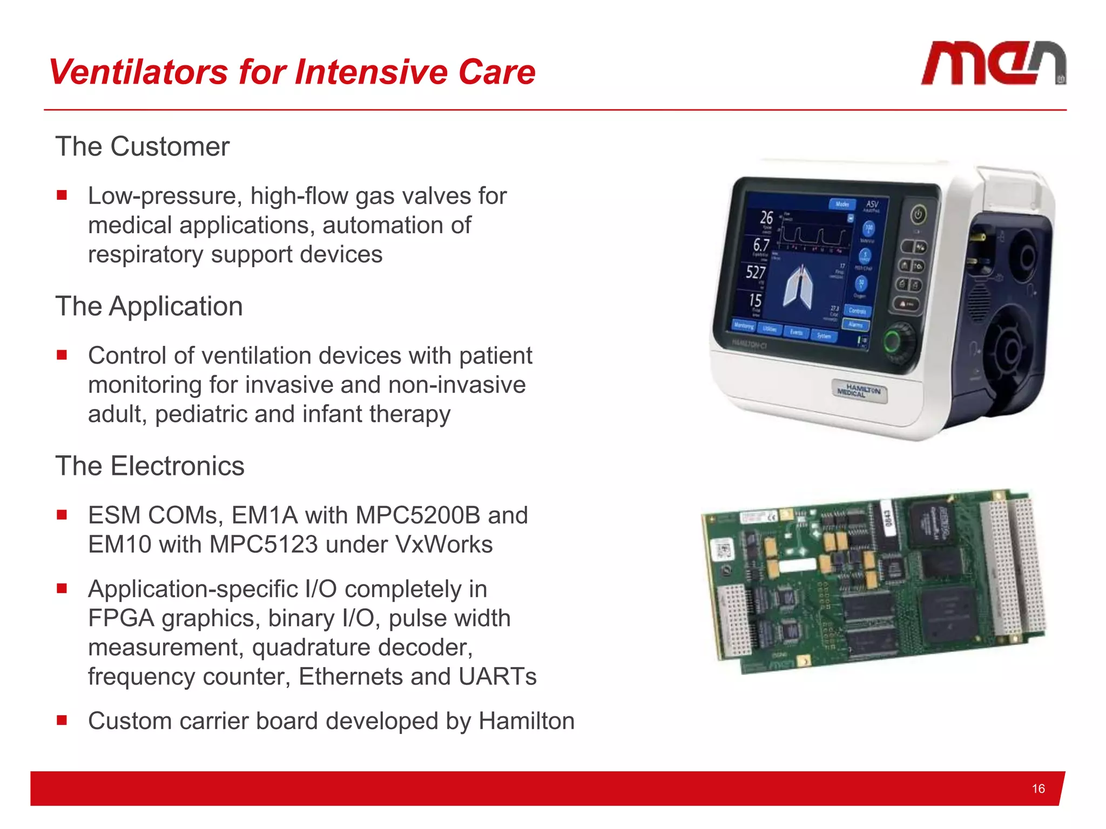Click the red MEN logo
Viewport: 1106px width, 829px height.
[993, 64]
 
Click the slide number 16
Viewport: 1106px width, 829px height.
[1038, 789]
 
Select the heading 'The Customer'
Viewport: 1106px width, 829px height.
[143, 147]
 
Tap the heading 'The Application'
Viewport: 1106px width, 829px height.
[149, 307]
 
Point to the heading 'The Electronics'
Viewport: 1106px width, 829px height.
[150, 466]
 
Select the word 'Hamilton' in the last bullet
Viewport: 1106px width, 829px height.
[527, 722]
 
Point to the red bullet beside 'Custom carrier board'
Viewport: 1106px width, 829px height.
[62, 720]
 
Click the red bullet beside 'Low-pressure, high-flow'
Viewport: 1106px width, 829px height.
[62, 195]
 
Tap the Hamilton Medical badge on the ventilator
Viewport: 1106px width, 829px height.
[859, 390]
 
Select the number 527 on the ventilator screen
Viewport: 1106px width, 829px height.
[756, 271]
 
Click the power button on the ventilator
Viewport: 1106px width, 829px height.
[918, 215]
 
